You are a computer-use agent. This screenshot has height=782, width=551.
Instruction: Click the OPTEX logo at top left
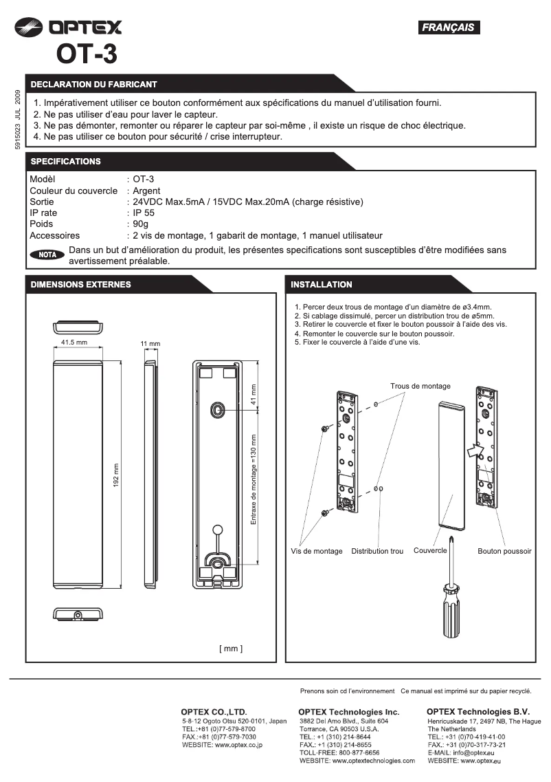pyautogui.click(x=69, y=28)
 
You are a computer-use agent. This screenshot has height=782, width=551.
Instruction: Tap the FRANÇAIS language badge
pyautogui.click(x=449, y=28)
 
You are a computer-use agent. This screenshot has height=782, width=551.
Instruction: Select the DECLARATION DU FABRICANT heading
pyautogui.click(x=93, y=84)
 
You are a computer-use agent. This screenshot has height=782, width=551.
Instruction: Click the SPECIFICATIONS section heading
pyautogui.click(x=65, y=161)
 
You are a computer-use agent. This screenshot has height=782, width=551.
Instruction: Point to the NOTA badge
pyautogui.click(x=47, y=254)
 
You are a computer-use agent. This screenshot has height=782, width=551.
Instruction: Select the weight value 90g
pyautogui.click(x=141, y=224)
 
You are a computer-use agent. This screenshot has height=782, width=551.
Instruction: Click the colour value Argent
pyautogui.click(x=146, y=191)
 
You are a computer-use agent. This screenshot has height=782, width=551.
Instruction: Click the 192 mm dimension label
pyautogui.click(x=115, y=475)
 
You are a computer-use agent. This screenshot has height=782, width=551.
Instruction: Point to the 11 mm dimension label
pyautogui.click(x=150, y=343)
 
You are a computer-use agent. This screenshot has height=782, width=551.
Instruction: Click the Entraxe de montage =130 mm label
pyautogui.click(x=254, y=479)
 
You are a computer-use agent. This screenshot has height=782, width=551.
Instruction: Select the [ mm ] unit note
pyautogui.click(x=231, y=648)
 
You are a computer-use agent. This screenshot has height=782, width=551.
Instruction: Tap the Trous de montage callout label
pyautogui.click(x=420, y=387)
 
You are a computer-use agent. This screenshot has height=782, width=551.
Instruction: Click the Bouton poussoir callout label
pyautogui.click(x=504, y=551)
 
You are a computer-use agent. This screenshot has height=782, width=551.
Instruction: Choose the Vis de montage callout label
pyautogui.click(x=317, y=551)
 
